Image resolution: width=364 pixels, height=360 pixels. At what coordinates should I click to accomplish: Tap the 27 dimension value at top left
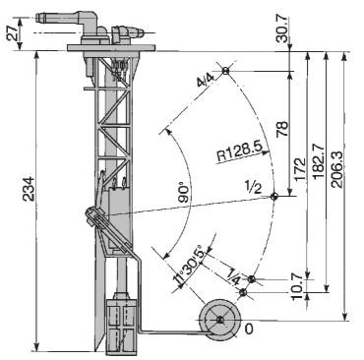click(x=13, y=33)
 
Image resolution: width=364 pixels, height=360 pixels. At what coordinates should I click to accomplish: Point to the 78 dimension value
click(x=282, y=129)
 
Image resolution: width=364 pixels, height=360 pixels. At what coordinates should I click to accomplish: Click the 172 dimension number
click(x=300, y=169)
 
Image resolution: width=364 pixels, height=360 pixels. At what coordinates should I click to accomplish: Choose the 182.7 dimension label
click(x=318, y=163)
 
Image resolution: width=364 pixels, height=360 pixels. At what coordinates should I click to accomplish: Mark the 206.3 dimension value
click(x=337, y=169)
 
